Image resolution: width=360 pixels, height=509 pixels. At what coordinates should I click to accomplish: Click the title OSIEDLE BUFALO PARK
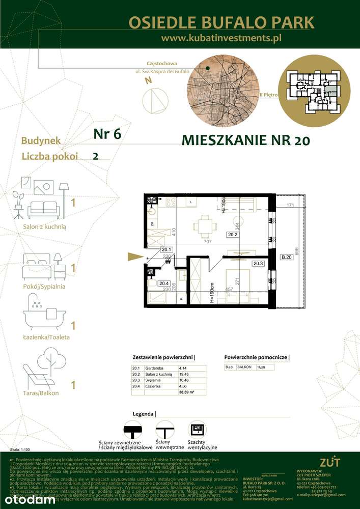pyautogui.click(x=221, y=22)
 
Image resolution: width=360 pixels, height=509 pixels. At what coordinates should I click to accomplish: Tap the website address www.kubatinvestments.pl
pyautogui.click(x=221, y=38)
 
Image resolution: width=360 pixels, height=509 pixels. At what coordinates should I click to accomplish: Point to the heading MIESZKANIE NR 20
pyautogui.click(x=245, y=140)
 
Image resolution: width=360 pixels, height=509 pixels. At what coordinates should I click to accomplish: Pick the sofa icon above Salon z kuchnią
pyautogui.click(x=43, y=208)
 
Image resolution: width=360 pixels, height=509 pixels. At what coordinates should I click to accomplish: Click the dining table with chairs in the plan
pyautogui.click(x=204, y=225)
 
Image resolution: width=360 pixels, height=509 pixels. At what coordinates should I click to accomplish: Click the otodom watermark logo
pyautogui.click(x=28, y=499)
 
